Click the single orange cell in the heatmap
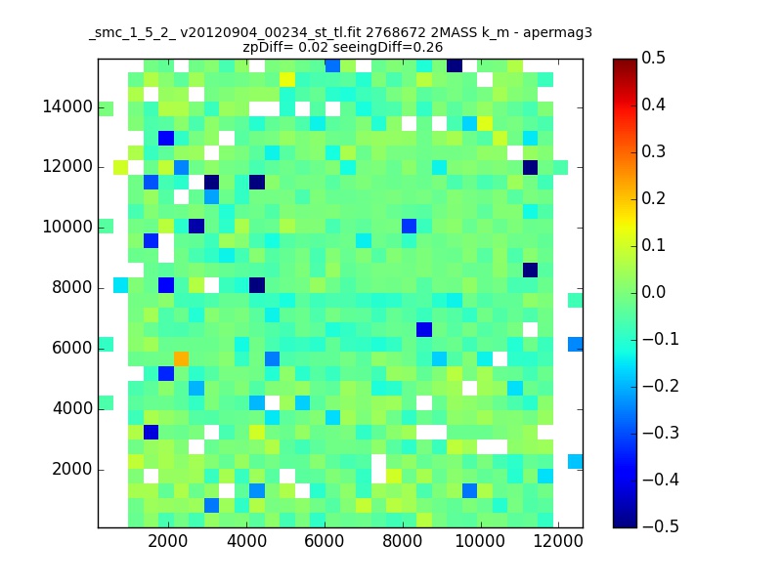coord(181,358)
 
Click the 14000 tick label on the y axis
coord(67,106)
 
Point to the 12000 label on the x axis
coord(558,541)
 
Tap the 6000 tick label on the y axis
coord(72,348)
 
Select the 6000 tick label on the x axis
coord(325,541)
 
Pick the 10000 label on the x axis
coord(480,541)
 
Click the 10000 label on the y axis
coord(67,228)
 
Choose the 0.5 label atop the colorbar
coord(653,58)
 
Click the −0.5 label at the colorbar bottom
coord(661,526)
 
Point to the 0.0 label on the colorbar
coord(653,292)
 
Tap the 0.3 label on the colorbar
coord(653,151)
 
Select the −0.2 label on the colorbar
coord(661,386)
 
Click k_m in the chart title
coord(496,33)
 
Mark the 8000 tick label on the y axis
coord(72,287)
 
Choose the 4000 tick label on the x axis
coord(246,541)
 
